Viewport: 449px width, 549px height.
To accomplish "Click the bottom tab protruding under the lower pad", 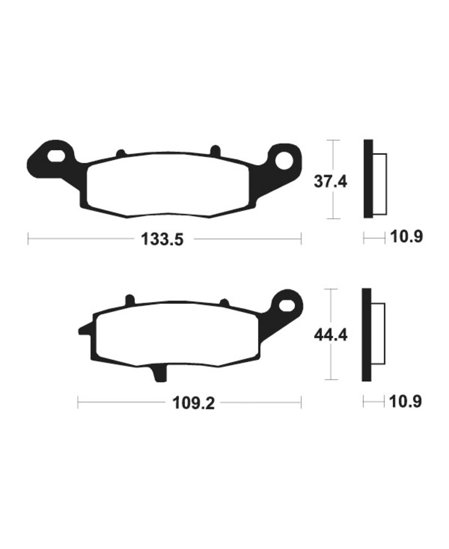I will click(x=159, y=373).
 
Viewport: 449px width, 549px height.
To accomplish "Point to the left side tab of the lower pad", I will click(x=84, y=330).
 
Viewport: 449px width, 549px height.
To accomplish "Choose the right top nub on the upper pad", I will click(x=214, y=150).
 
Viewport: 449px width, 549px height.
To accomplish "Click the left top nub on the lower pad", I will click(x=130, y=300).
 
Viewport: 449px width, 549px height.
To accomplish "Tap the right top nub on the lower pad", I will click(x=224, y=303).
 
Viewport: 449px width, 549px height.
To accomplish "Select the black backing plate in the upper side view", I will click(x=368, y=179).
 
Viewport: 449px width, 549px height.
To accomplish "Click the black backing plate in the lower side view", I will click(x=366, y=335).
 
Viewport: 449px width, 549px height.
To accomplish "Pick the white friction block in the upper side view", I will click(x=379, y=184).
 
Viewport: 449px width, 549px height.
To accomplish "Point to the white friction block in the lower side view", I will click(x=378, y=333).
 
